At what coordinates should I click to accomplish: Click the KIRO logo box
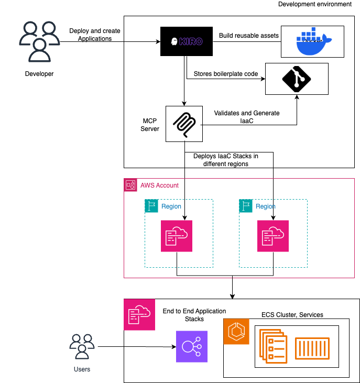(x=187, y=41)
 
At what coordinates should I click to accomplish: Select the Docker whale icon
(x=313, y=41)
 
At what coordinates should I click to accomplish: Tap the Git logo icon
(x=297, y=79)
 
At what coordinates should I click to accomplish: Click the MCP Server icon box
(x=184, y=124)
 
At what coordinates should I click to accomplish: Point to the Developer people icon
(x=39, y=41)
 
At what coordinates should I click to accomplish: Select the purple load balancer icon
(x=192, y=346)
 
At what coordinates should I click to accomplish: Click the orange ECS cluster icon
(x=236, y=331)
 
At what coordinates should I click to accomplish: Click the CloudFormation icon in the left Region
(x=177, y=236)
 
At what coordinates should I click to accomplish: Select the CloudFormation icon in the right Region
(x=272, y=236)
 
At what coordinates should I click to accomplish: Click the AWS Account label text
(x=159, y=185)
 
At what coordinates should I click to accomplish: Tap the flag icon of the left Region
(x=151, y=206)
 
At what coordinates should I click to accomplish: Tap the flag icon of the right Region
(x=246, y=206)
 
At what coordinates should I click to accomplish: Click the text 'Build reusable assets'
(x=249, y=35)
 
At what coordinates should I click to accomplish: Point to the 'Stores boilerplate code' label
(x=226, y=74)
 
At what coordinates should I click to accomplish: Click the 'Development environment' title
(x=314, y=4)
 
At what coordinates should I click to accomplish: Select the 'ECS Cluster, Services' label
(x=292, y=314)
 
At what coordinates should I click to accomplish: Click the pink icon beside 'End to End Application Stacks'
(x=139, y=314)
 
